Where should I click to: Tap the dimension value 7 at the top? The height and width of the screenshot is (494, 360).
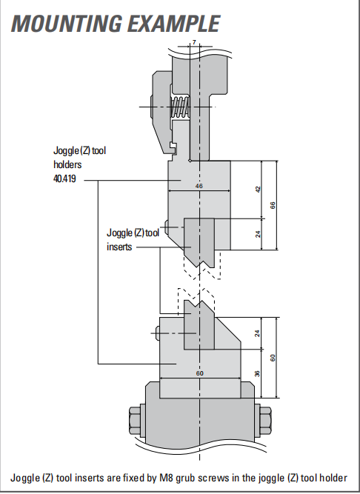click(194, 42)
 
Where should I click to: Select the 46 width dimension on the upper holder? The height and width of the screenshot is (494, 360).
click(199, 186)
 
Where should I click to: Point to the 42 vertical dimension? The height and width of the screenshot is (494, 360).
click(258, 190)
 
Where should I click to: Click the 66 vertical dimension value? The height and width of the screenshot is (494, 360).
click(273, 205)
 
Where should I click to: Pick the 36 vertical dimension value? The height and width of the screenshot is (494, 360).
click(257, 373)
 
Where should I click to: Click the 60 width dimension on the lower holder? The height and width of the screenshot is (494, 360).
click(200, 373)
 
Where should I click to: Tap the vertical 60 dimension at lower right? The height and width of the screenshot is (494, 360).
click(273, 358)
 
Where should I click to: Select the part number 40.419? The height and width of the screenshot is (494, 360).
click(64, 179)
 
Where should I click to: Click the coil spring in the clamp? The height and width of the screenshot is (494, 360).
click(180, 107)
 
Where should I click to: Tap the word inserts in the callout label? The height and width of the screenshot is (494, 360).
click(119, 247)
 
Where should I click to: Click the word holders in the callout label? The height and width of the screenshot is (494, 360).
click(67, 164)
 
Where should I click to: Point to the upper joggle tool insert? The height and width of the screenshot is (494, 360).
click(199, 241)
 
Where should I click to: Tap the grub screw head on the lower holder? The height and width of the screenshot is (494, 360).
click(158, 333)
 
